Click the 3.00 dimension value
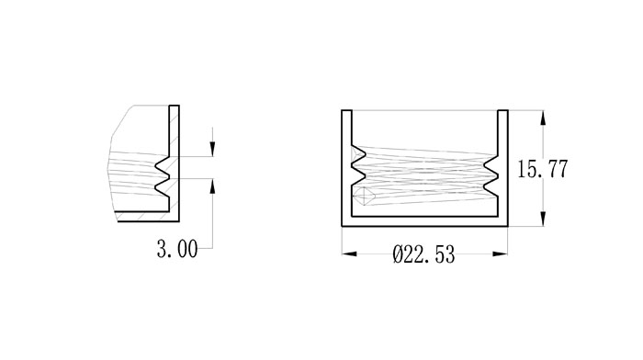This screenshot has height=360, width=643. tap(177, 249)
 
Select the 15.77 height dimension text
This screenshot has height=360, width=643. tap(543, 169)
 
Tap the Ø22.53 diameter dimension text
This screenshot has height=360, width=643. tap(423, 254)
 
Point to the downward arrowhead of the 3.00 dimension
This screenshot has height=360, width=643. tap(212, 149)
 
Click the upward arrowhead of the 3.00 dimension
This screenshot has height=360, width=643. tap(212, 186)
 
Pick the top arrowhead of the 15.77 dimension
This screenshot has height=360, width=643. tap(543, 118)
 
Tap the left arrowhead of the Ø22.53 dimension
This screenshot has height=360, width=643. tap(350, 253)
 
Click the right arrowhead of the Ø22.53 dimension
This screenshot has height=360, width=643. tap(500, 253)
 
